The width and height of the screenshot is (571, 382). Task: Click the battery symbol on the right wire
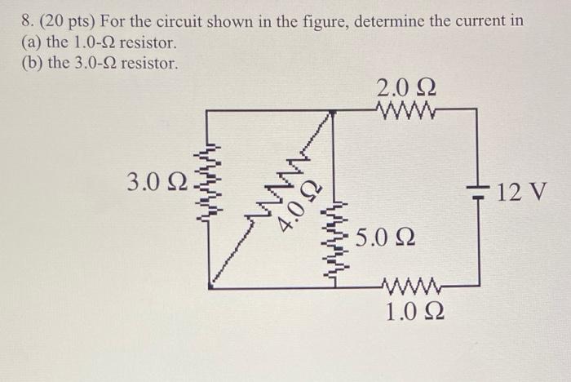(478, 193)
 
